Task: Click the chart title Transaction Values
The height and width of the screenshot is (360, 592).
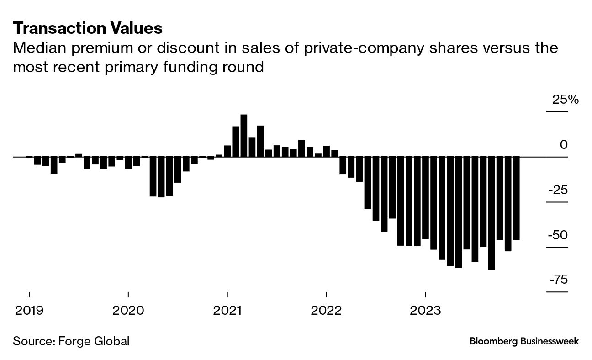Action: pos(88,28)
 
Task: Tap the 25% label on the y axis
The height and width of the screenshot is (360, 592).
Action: pos(566,100)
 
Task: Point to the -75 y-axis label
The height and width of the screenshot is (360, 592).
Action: pos(558,280)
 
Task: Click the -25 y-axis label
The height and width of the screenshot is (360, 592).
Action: pos(558,190)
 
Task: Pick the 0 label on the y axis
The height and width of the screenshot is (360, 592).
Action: pos(563,145)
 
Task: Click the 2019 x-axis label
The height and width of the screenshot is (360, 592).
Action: pos(29,311)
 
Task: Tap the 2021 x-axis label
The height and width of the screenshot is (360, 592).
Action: pos(227,311)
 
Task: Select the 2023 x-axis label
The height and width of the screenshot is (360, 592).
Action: pos(425,311)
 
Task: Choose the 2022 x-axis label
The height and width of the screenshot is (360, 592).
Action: pos(326,311)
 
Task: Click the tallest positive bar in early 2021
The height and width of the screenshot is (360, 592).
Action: pos(244,136)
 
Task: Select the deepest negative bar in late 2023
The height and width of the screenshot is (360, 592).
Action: pos(492,213)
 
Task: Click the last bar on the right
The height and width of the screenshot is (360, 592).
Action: pos(516,198)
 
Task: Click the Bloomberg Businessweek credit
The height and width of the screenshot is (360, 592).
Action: pos(524,341)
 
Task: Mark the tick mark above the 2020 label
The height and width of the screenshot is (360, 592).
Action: pos(128,294)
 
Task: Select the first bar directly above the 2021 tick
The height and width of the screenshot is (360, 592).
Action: pos(227,151)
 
